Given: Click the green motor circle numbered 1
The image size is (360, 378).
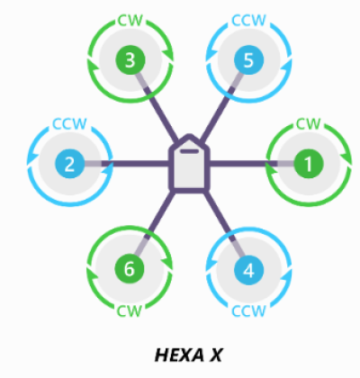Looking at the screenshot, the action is (x=309, y=164).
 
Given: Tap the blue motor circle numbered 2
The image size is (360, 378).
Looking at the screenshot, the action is (x=69, y=164).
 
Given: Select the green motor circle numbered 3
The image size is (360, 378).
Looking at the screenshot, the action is (x=130, y=60).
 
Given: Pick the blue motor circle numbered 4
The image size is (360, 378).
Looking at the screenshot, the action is (x=248, y=270).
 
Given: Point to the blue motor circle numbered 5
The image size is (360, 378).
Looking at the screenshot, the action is (x=248, y=60).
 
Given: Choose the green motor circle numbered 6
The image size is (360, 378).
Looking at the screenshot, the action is (x=130, y=269).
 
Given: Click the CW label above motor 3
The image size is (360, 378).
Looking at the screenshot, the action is (x=130, y=21).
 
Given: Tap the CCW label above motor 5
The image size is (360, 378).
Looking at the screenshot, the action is (x=248, y=21).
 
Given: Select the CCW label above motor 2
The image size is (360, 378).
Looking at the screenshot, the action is (x=69, y=123).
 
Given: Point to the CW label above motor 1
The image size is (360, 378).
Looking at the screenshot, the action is (x=309, y=123).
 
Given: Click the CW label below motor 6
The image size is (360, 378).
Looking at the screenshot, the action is (x=129, y=311).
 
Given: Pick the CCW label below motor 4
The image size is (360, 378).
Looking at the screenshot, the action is (x=248, y=311).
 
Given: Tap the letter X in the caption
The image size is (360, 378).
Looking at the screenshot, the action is (x=215, y=355).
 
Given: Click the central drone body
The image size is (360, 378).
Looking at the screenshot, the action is (x=189, y=163).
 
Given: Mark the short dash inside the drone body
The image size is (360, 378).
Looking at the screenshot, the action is (x=189, y=151).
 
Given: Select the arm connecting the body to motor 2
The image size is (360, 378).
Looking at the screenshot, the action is (x=127, y=164).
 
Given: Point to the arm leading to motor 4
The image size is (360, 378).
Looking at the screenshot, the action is (x=226, y=224).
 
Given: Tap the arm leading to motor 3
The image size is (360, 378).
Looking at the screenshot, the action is (x=157, y=107).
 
